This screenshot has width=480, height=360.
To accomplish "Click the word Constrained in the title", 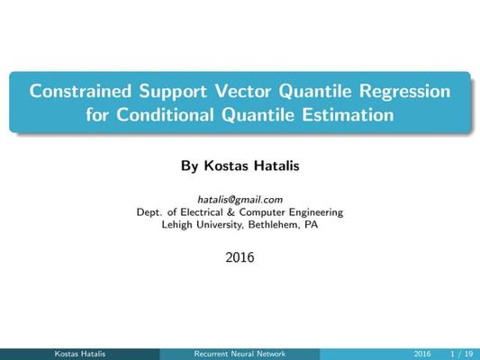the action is click(80, 91).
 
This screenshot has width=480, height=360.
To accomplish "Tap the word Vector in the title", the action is click(243, 91).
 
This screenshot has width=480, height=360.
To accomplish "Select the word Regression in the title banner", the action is click(404, 92).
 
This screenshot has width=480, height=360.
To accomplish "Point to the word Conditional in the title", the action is click(165, 114).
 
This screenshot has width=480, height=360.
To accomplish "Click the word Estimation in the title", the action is click(348, 114).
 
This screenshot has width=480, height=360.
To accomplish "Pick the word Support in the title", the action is click(173, 92).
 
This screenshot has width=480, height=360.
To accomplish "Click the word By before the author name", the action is click(189, 166).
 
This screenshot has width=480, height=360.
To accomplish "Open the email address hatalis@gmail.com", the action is click(240, 200).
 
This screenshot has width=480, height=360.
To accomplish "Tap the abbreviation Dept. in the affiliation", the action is click(149, 212).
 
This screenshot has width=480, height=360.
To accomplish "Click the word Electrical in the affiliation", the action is click(202, 212).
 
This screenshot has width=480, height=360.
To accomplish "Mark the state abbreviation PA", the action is click(312, 225).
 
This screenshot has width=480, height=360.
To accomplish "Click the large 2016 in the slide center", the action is click(240, 257).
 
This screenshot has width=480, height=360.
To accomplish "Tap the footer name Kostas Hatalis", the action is click(80, 354).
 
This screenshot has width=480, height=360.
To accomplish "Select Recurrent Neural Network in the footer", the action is click(240, 354).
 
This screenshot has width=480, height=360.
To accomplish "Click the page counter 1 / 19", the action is click(462, 354).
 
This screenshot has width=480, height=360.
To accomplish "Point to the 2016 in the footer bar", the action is click(422, 354).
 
